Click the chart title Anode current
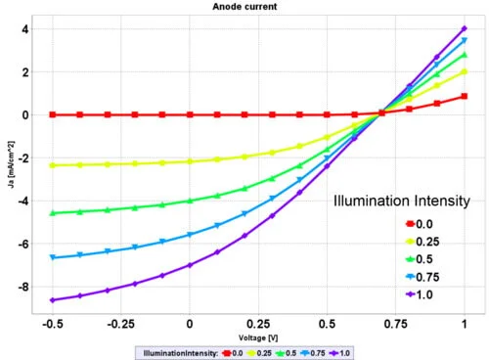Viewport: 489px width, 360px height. [x=244, y=6]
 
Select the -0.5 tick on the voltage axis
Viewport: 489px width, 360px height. [x=52, y=320]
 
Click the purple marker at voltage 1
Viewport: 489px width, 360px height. [x=464, y=29]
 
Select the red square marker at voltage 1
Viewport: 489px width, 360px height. [x=464, y=96]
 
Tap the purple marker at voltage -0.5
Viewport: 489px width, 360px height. [x=52, y=300]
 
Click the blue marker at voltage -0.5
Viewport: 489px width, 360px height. [x=52, y=257]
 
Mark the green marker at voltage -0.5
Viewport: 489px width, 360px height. [x=52, y=212]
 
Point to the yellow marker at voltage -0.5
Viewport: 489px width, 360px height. [x=52, y=165]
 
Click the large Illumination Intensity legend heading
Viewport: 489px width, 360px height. [x=404, y=202]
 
